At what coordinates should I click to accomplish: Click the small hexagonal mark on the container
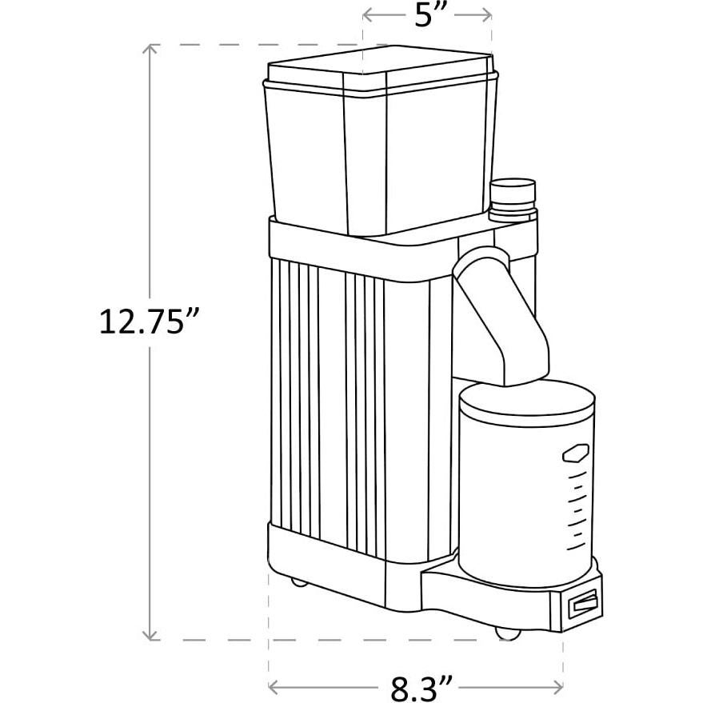coord(575,454)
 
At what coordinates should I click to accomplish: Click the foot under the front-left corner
coord(298,581)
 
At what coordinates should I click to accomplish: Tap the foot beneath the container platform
coord(504,632)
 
